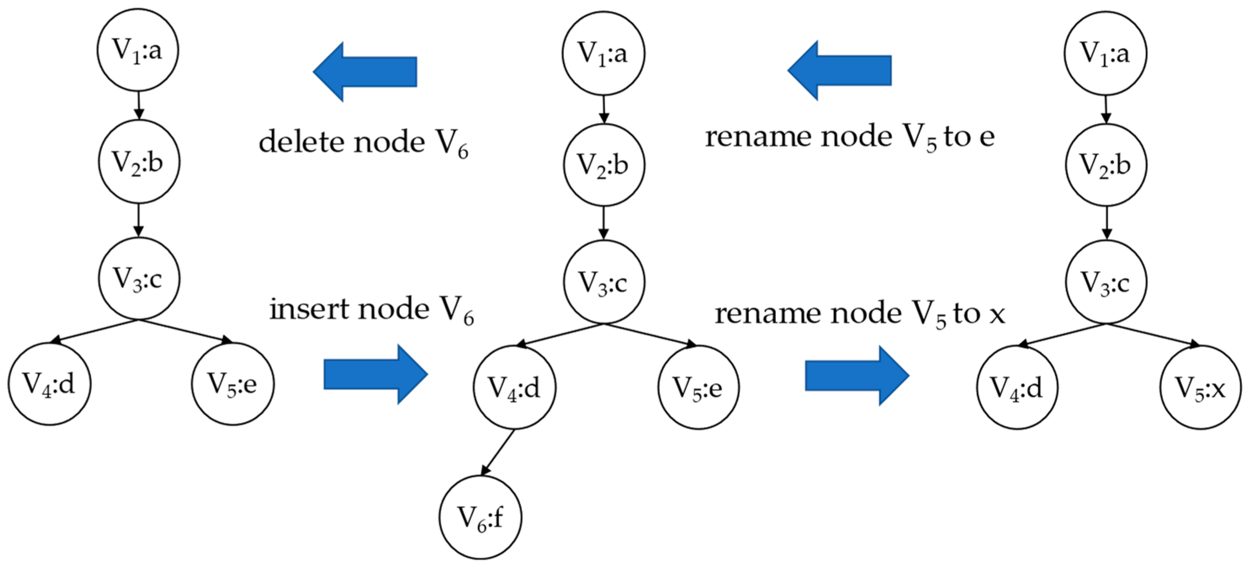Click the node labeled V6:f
481,517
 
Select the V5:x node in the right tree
1200,387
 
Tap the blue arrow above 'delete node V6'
365,72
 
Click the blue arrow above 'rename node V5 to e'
839,70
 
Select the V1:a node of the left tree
138,50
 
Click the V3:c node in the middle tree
603,282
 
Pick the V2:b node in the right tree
1106,165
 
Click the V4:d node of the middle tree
514,387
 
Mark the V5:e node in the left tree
232,384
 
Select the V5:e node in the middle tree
698,387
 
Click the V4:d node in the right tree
1017,387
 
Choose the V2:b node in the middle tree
603,165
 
